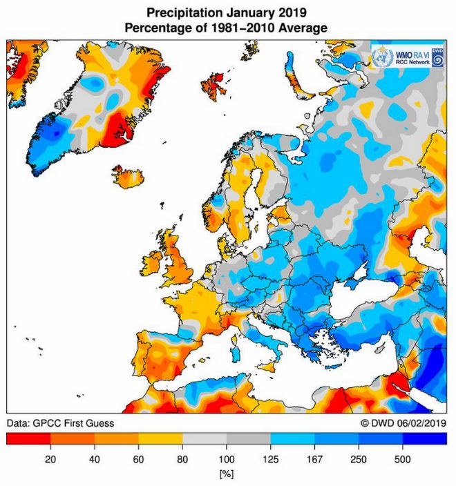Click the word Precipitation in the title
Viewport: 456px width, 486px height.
[180, 12]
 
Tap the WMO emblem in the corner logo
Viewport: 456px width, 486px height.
[381, 57]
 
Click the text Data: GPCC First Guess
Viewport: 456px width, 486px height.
[60, 422]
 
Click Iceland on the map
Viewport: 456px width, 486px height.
[128, 177]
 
